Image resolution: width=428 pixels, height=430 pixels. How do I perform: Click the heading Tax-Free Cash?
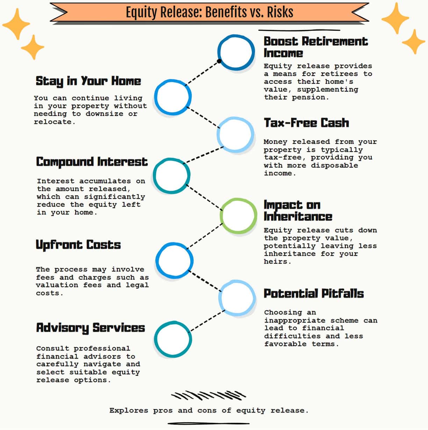(x=306, y=123)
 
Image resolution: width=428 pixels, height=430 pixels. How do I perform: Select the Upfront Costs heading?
(x=78, y=245)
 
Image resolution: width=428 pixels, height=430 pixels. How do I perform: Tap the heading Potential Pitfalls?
(x=314, y=294)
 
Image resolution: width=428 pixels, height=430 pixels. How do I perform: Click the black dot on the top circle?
(x=219, y=61)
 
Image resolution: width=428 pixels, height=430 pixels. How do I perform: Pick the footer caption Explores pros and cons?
(x=209, y=410)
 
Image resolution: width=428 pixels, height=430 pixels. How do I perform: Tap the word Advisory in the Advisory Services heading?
(x=63, y=328)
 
